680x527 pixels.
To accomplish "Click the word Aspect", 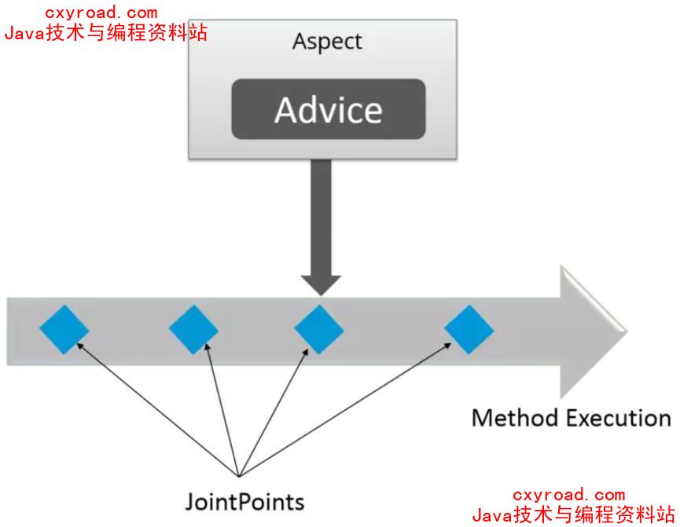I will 327,42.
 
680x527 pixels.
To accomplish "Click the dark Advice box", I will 328,109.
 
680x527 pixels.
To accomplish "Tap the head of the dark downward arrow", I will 319,285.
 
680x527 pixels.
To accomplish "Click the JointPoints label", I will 244,500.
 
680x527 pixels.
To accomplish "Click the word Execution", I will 618,418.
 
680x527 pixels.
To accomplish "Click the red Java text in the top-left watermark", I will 24,33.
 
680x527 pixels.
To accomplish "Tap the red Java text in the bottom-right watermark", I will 491,515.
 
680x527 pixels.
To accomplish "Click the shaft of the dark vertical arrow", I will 319,212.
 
